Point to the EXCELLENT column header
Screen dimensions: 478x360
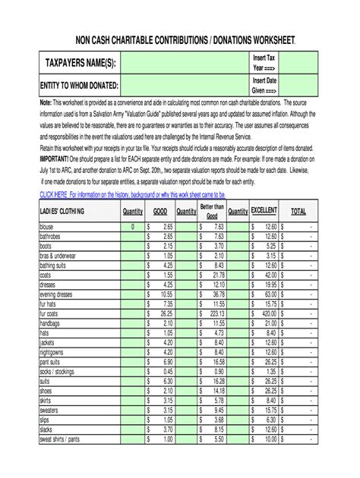tap(264, 211)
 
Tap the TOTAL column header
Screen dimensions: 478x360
tap(298, 211)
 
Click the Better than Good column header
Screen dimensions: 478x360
tap(212, 211)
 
